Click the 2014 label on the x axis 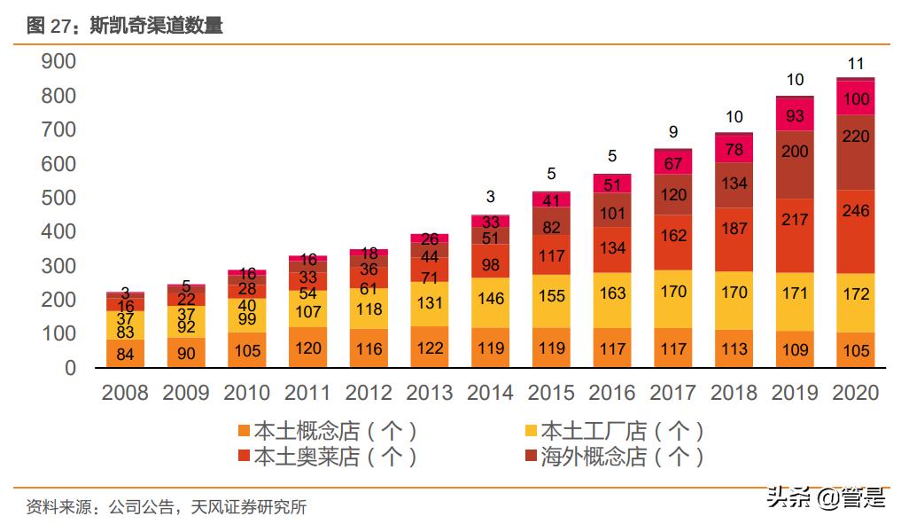pyautogui.click(x=490, y=393)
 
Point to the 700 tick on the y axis pyautogui.click(x=59, y=129)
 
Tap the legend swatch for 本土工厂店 pyautogui.click(x=531, y=432)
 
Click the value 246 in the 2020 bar pyautogui.click(x=856, y=211)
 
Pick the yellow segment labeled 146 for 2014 pyautogui.click(x=490, y=300)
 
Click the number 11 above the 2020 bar pyautogui.click(x=856, y=63)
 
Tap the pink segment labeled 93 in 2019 pyautogui.click(x=795, y=115)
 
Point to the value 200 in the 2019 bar pyautogui.click(x=795, y=152)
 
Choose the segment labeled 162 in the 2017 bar pyautogui.click(x=673, y=236)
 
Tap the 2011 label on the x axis pyautogui.click(x=307, y=393)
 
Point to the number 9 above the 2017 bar pyautogui.click(x=673, y=132)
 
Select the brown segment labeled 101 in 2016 pyautogui.click(x=612, y=214)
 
